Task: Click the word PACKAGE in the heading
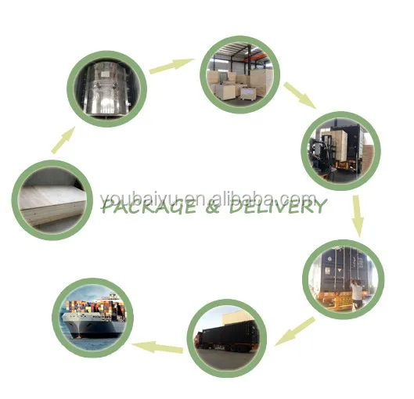pyautogui.click(x=149, y=207)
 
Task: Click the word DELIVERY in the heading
pyautogui.click(x=278, y=206)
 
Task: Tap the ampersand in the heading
pyautogui.click(x=213, y=207)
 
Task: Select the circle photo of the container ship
pyautogui.click(x=93, y=318)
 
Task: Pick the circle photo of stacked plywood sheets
pyautogui.click(x=52, y=200)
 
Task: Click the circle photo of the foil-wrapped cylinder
pyautogui.click(x=106, y=88)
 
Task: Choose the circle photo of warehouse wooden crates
pyautogui.click(x=240, y=74)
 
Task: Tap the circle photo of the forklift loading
pyautogui.click(x=341, y=151)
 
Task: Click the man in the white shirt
pyautogui.click(x=356, y=293)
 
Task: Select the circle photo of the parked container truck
pyautogui.click(x=227, y=339)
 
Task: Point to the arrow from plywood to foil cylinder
pyautogui.click(x=63, y=140)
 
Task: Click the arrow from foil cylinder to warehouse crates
pyautogui.click(x=171, y=66)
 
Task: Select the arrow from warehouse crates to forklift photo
pyautogui.click(x=300, y=95)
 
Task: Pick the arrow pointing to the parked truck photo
pyautogui.click(x=295, y=332)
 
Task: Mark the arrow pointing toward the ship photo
pyautogui.click(x=157, y=347)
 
